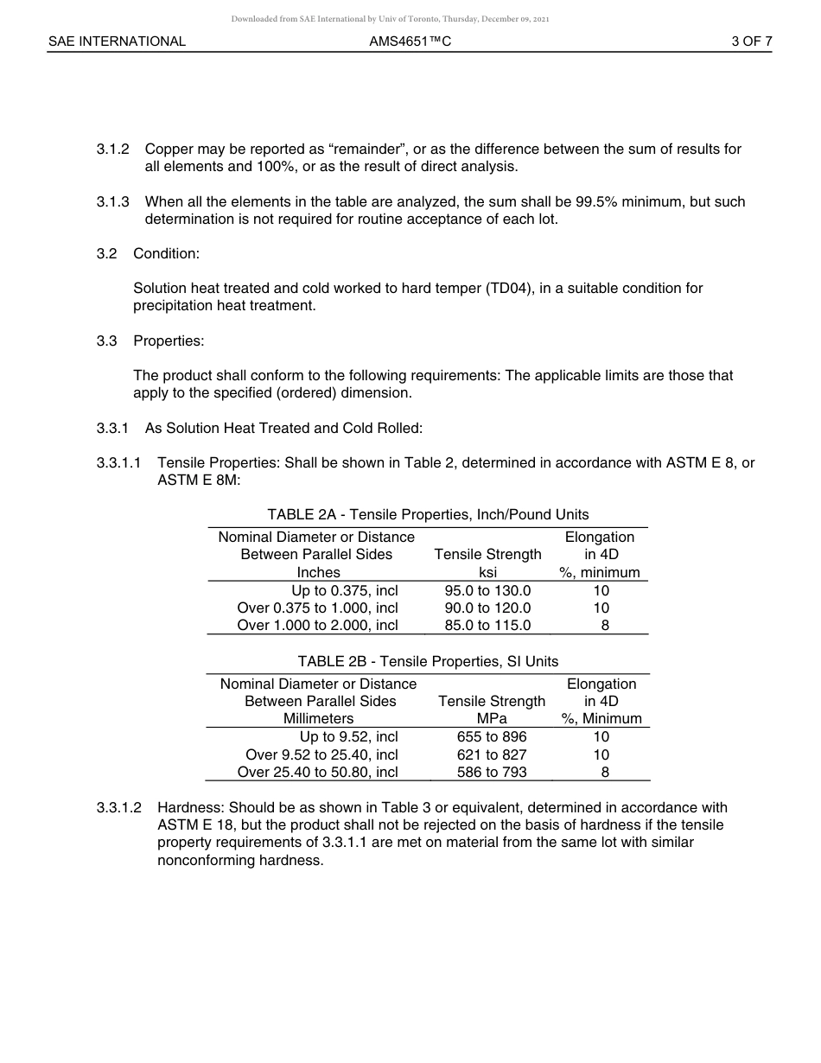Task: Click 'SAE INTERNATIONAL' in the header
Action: (x=117, y=41)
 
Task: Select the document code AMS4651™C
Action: (x=410, y=41)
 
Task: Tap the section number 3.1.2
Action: (x=112, y=150)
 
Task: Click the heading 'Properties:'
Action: (x=169, y=341)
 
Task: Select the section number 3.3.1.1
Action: (x=118, y=462)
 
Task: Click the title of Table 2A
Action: (x=428, y=515)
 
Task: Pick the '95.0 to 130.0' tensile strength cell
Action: (x=487, y=591)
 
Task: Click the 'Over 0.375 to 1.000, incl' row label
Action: (x=317, y=608)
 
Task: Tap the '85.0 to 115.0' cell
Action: (x=487, y=626)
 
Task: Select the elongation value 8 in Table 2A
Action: (x=605, y=626)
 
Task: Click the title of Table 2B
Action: (x=428, y=661)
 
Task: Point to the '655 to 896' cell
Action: (x=491, y=737)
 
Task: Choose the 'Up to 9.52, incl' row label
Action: (x=348, y=737)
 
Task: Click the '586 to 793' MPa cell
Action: (x=491, y=773)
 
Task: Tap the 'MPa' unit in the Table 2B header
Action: (x=491, y=719)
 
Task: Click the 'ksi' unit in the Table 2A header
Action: (x=487, y=573)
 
